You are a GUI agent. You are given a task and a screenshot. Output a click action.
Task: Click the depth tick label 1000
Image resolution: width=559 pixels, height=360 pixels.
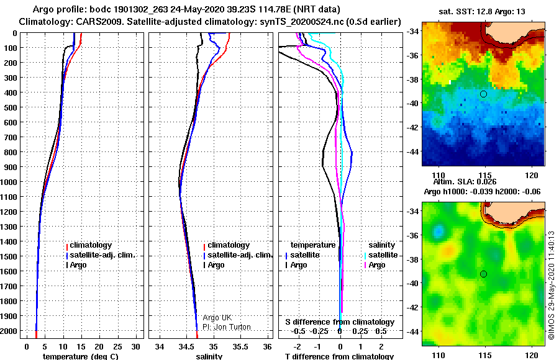pos(8,182)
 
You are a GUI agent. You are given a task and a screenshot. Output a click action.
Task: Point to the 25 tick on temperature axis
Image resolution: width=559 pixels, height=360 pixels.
pos(117,347)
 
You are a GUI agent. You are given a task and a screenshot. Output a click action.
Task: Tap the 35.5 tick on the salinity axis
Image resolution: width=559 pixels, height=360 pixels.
pos(240,347)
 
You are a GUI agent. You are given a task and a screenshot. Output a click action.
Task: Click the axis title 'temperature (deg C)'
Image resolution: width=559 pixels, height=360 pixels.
pos(80,356)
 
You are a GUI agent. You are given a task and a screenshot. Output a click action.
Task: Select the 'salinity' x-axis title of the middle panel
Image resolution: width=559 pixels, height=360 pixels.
pos(209,356)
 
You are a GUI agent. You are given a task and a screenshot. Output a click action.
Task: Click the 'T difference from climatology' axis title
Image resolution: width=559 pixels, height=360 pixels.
pos(339,356)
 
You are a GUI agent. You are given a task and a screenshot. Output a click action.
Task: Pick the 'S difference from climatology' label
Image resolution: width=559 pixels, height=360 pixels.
pos(340,322)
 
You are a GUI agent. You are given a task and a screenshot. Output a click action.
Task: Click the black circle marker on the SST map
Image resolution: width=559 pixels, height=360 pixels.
pos(483,94)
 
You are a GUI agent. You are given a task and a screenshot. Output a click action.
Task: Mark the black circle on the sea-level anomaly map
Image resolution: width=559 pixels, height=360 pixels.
pos(483,274)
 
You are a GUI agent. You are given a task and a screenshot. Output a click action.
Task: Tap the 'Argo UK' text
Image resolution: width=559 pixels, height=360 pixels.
pos(217,318)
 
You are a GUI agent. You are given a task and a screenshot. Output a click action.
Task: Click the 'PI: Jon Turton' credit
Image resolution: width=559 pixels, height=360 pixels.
pos(227,327)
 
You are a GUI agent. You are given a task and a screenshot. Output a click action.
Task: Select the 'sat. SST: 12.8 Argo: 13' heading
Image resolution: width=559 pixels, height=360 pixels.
pos(481,11)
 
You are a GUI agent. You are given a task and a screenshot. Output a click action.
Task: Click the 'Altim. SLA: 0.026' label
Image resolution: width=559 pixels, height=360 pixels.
pos(465,182)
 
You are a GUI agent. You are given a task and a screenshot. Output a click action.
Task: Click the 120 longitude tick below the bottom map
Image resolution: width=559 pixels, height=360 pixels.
pos(532,356)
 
